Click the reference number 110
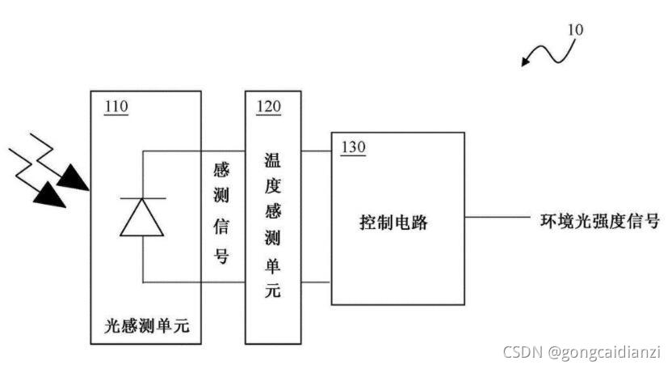(117, 106)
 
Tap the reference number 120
(269, 106)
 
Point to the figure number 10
(575, 30)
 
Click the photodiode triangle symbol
(143, 216)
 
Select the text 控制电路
(393, 223)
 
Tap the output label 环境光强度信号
(598, 220)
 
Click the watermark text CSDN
(523, 352)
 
